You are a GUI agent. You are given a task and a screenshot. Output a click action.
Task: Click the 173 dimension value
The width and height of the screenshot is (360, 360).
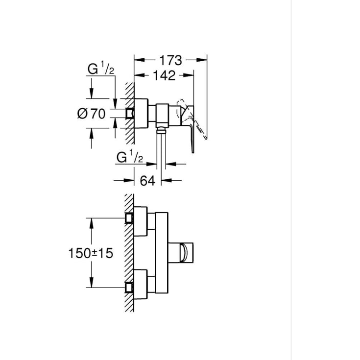click(170, 60)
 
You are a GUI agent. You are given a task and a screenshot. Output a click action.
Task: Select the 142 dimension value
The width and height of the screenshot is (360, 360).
click(164, 75)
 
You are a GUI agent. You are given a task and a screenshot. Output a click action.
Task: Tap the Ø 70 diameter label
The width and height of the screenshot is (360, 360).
click(92, 114)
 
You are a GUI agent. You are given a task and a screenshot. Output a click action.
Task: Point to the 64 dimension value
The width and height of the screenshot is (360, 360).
click(147, 181)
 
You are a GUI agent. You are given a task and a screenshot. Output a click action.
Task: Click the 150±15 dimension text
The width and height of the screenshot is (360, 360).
click(91, 253)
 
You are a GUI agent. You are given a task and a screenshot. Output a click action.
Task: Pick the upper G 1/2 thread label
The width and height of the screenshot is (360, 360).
click(100, 68)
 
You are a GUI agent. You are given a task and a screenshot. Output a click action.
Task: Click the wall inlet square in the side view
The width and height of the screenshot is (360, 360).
click(130, 114)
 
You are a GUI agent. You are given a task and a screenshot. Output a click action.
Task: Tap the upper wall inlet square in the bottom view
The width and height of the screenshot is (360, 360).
click(129, 218)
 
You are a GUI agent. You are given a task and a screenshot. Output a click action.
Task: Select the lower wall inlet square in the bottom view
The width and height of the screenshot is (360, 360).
click(129, 288)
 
